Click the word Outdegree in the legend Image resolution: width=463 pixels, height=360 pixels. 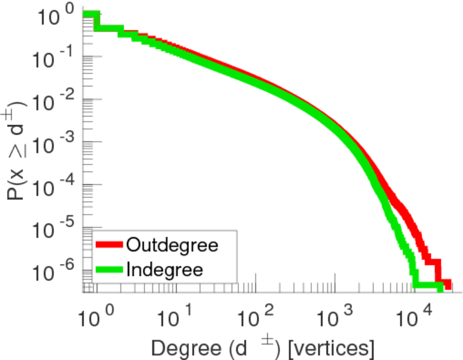[172, 245]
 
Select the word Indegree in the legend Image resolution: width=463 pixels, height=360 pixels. [165, 269]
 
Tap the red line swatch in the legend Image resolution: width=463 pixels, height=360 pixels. [110, 245]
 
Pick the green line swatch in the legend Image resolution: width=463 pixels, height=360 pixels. [110, 269]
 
